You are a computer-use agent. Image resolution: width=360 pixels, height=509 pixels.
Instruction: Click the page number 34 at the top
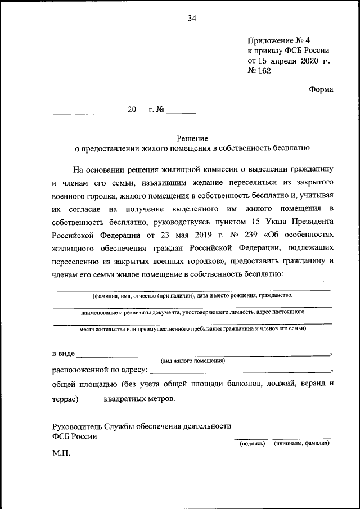(192, 19)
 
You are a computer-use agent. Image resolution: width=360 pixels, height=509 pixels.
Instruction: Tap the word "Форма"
(321, 89)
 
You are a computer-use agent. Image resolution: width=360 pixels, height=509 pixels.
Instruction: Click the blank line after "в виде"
(202, 354)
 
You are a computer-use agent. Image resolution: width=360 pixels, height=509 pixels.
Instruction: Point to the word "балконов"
(245, 385)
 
